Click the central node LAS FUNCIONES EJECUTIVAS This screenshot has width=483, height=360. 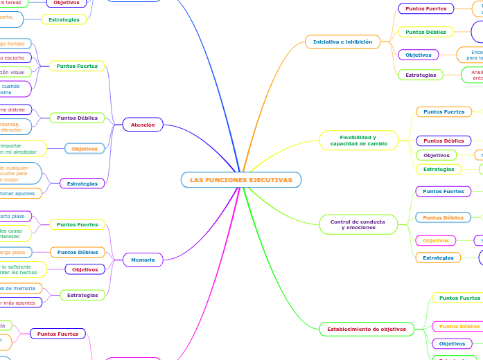(x=241, y=180)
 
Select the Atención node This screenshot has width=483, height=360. (x=143, y=125)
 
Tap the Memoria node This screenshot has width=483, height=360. (x=143, y=260)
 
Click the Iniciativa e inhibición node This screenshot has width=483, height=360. (x=342, y=42)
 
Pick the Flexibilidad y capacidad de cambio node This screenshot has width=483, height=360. (x=358, y=140)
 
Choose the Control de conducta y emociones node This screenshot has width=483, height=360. (x=358, y=224)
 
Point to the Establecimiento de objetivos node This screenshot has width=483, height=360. (x=367, y=329)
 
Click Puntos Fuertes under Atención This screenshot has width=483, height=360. (x=77, y=66)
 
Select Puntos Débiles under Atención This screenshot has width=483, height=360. (x=77, y=118)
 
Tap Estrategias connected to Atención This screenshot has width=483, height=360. (x=82, y=183)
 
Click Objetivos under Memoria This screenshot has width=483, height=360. (x=85, y=269)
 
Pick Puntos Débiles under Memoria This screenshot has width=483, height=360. (x=78, y=252)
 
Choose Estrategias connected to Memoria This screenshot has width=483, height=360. (x=82, y=295)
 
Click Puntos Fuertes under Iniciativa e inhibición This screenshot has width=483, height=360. (x=425, y=8)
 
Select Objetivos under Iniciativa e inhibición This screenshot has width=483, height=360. (x=419, y=55)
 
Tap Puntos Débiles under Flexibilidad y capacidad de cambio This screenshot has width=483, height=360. (x=444, y=141)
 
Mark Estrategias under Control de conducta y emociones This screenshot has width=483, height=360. (x=438, y=258)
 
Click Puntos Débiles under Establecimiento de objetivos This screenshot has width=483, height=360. (x=459, y=326)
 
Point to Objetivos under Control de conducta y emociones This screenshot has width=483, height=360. (x=436, y=240)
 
